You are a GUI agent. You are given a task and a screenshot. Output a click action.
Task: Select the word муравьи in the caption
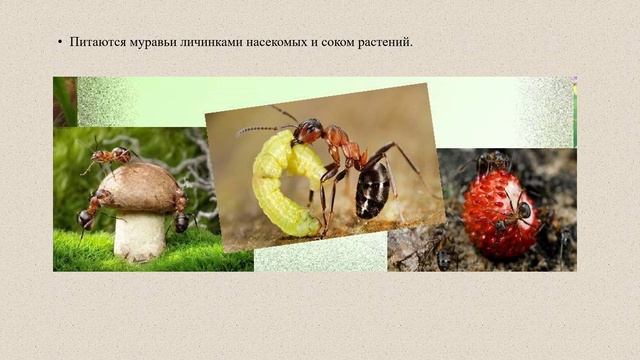pyautogui.click(x=151, y=42)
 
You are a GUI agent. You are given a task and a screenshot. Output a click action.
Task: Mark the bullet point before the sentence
pyautogui.click(x=60, y=42)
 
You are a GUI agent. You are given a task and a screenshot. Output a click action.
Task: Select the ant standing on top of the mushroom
pyautogui.click(x=110, y=156)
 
